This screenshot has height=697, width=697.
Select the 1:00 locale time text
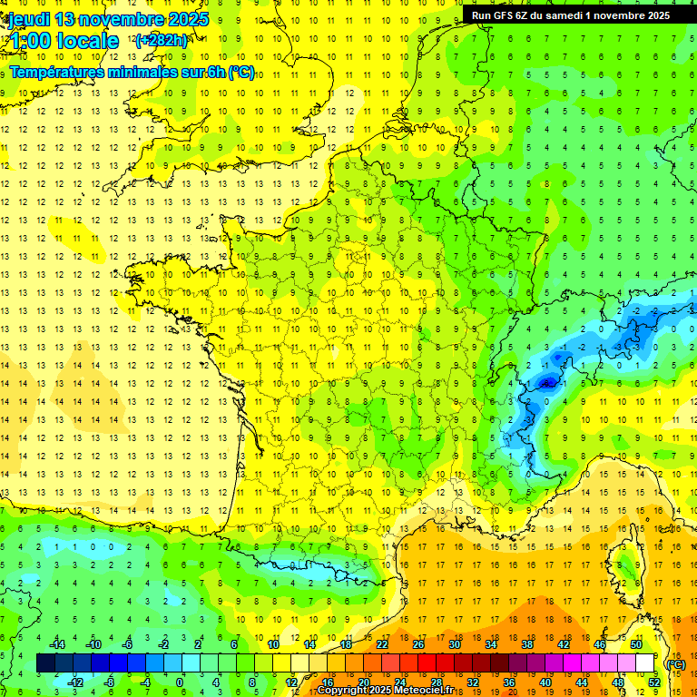64,41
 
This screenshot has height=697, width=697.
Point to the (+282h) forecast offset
162,41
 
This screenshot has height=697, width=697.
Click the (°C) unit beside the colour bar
675,663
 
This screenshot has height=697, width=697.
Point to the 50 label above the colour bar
635,643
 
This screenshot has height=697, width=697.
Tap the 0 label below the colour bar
180,682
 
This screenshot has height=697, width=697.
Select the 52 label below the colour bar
653,682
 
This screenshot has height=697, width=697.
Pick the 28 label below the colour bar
436,682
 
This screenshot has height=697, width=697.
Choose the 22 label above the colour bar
382,643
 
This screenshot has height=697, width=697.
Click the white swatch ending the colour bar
644,663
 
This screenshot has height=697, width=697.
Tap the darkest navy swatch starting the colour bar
45,663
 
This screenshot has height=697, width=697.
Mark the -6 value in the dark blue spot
546,383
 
